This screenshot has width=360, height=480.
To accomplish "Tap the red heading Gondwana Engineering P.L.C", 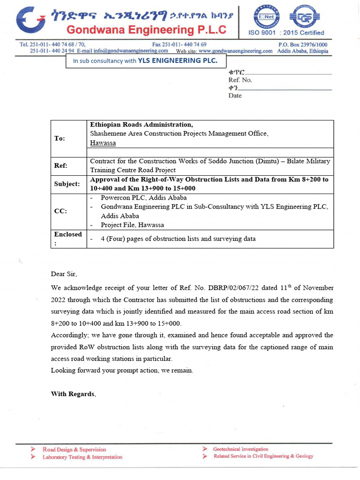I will point(146,30).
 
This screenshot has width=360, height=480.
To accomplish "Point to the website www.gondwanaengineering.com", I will point(235,51).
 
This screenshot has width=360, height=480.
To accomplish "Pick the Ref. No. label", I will point(240,80).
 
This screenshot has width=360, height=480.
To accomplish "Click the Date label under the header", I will point(235,96).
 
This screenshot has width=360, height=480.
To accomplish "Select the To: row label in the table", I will point(60,138).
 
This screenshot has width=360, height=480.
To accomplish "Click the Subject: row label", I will point(67,184).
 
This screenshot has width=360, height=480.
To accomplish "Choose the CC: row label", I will point(60,211).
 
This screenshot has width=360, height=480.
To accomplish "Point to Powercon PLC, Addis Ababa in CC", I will point(143,198).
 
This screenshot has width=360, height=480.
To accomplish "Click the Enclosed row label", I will point(68,234).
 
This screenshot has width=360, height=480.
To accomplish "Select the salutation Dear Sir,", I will point(64,274).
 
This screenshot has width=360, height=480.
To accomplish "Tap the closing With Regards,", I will point(73,394).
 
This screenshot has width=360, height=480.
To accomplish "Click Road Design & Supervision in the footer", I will point(74,450).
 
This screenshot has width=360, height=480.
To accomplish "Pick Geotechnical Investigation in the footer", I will point(240,449).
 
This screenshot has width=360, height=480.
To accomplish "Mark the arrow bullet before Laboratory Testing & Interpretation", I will point(33,457).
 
